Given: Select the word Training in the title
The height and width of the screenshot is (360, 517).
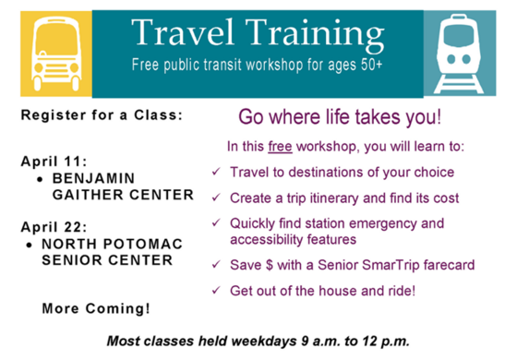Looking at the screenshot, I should click(319, 36).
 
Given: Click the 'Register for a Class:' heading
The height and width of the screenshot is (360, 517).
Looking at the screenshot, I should click(102, 116).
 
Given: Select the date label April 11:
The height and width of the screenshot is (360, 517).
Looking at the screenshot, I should click(54, 160).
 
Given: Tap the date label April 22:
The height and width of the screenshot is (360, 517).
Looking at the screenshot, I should click(54, 225).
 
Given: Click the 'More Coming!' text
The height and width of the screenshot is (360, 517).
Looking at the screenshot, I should click(96, 307).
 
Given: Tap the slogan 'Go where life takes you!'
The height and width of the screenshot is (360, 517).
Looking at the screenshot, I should click(341, 117).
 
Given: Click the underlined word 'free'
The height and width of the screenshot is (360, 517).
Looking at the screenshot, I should click(280, 147).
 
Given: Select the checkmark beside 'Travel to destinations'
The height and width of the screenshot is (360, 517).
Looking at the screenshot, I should click(216, 173).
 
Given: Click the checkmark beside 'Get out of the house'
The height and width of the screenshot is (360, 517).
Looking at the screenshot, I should click(216, 291).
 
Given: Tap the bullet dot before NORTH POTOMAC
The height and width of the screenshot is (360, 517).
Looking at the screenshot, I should click(31, 244).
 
